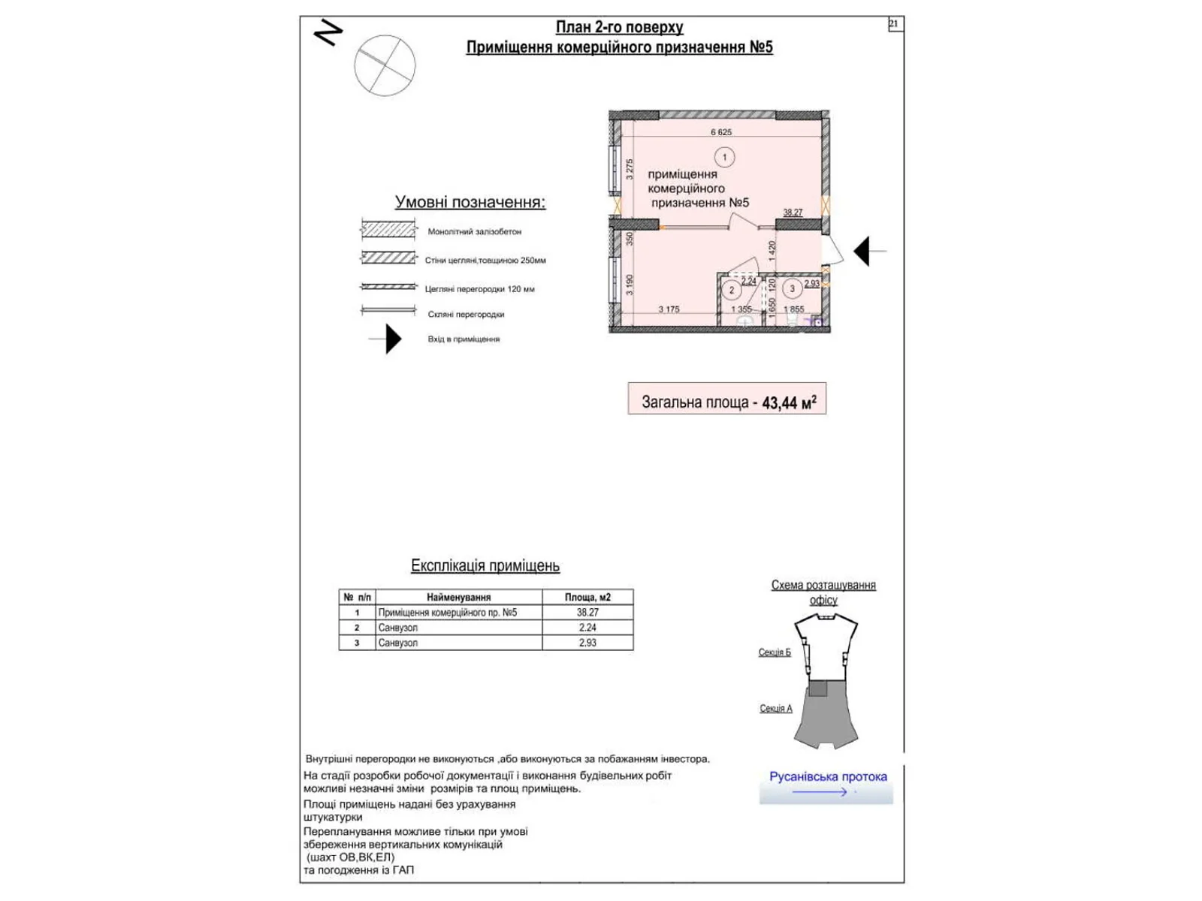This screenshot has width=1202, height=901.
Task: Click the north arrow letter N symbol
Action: (328, 32)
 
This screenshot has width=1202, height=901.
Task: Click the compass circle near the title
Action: (385, 65)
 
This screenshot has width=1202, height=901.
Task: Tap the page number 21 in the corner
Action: (893, 24)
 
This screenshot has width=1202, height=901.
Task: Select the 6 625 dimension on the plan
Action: (720, 132)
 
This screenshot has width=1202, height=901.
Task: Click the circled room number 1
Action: (724, 158)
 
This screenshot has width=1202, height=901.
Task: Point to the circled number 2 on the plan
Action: (732, 291)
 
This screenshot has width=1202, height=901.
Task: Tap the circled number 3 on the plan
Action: (792, 289)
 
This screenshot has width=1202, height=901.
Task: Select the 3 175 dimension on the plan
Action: (669, 309)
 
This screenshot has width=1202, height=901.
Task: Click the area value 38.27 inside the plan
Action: (793, 212)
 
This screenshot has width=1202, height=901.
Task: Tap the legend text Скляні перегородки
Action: (466, 315)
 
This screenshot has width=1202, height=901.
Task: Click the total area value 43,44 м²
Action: (788, 402)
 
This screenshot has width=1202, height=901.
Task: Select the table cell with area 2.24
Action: (587, 628)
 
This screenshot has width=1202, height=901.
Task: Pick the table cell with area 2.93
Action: (587, 643)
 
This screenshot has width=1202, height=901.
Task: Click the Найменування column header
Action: (458, 598)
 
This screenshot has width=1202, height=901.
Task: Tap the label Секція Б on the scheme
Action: (774, 652)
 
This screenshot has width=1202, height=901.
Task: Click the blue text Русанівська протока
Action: (828, 776)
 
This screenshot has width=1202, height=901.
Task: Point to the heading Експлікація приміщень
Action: (485, 566)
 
